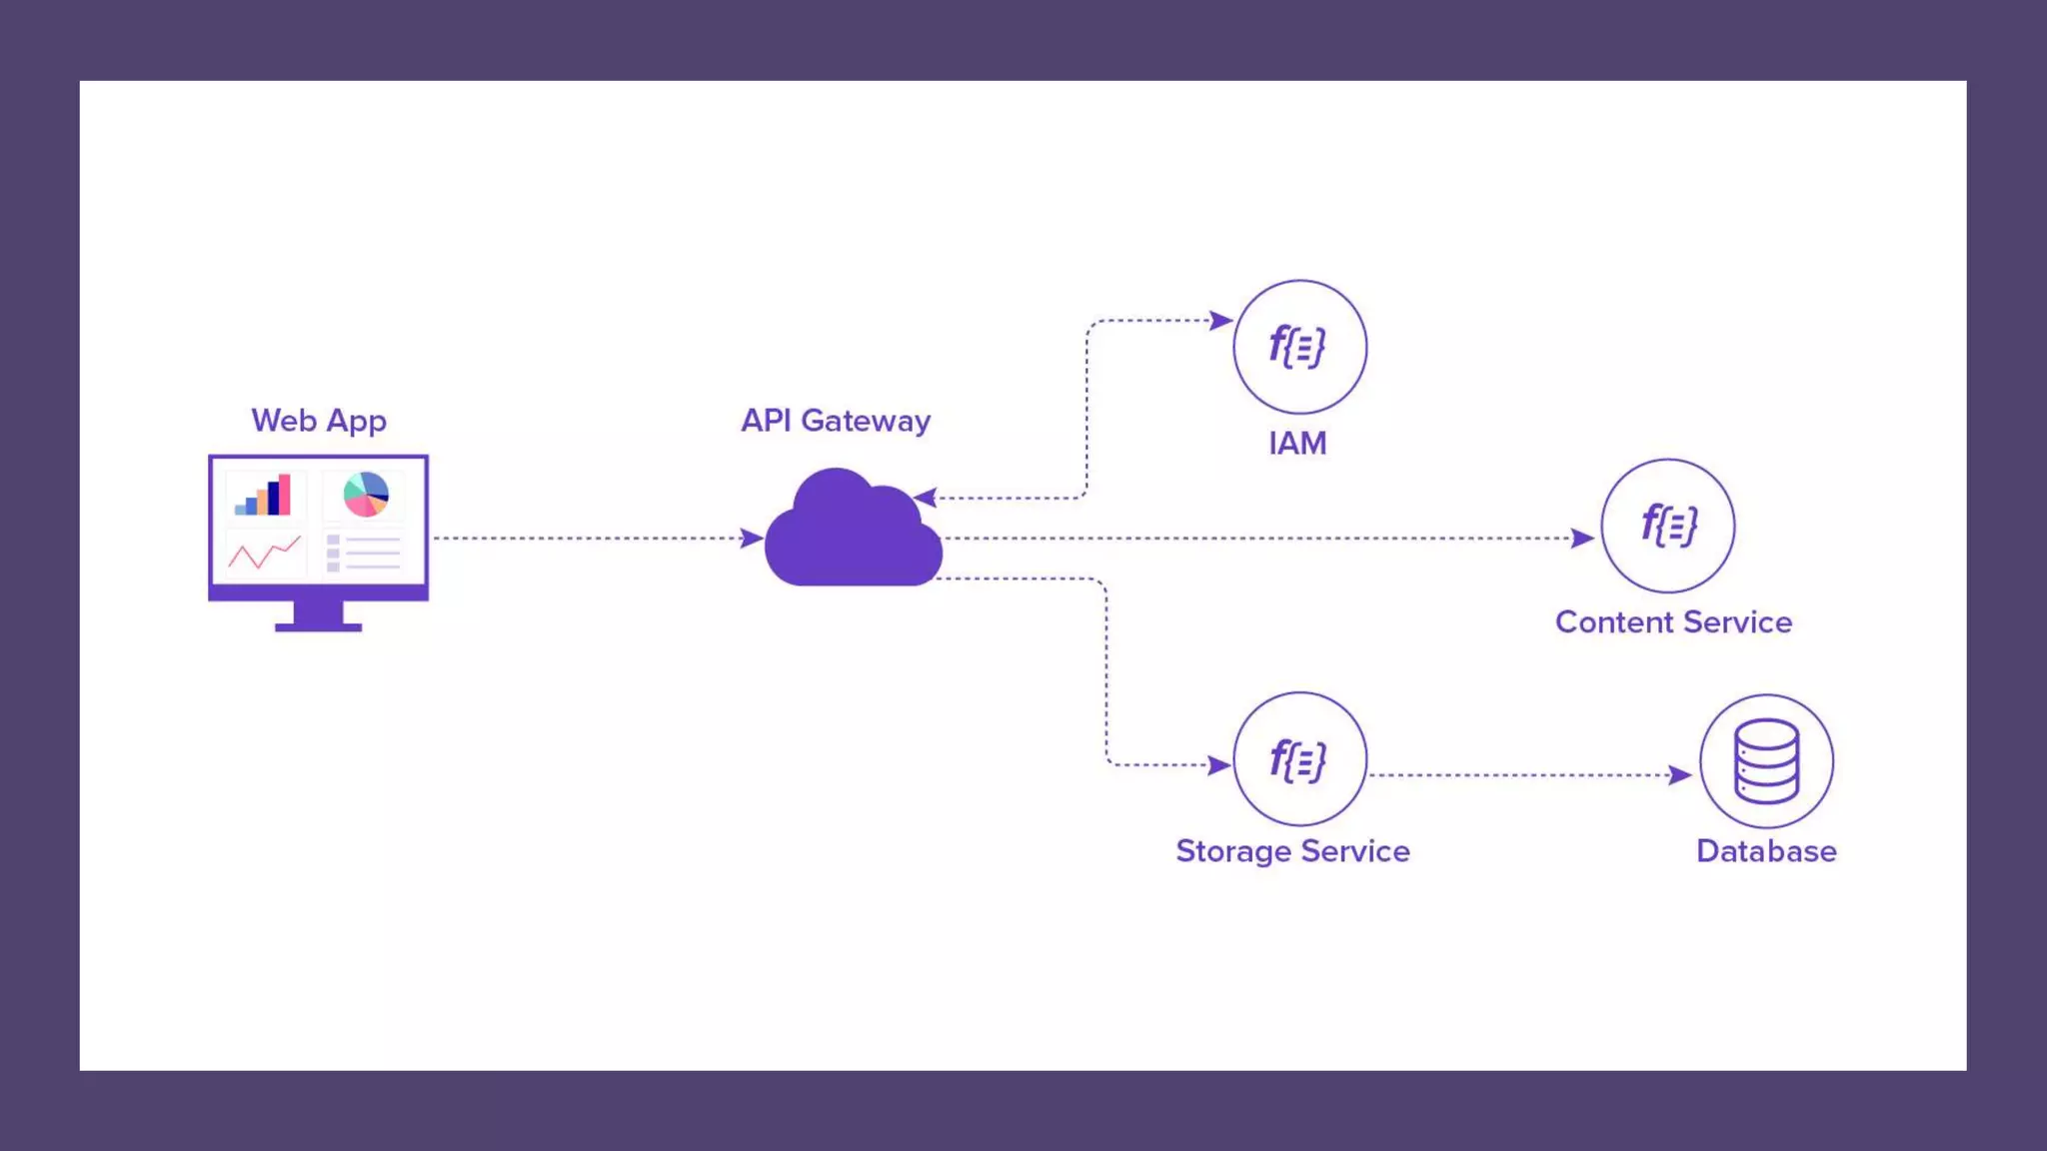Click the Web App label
point(319,421)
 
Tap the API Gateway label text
point(836,421)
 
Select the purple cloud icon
point(853,527)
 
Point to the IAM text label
point(1297,443)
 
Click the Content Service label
point(1673,621)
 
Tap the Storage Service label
point(1292,851)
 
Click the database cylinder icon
point(1766,761)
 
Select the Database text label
point(1766,851)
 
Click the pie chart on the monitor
point(366,494)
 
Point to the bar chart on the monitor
point(263,495)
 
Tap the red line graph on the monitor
point(264,553)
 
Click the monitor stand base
point(318,626)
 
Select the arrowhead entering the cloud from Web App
point(753,539)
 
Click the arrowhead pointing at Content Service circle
point(1582,539)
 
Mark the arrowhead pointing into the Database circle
point(1680,775)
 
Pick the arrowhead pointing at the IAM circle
point(1220,321)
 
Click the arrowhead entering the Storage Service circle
point(1219,765)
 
